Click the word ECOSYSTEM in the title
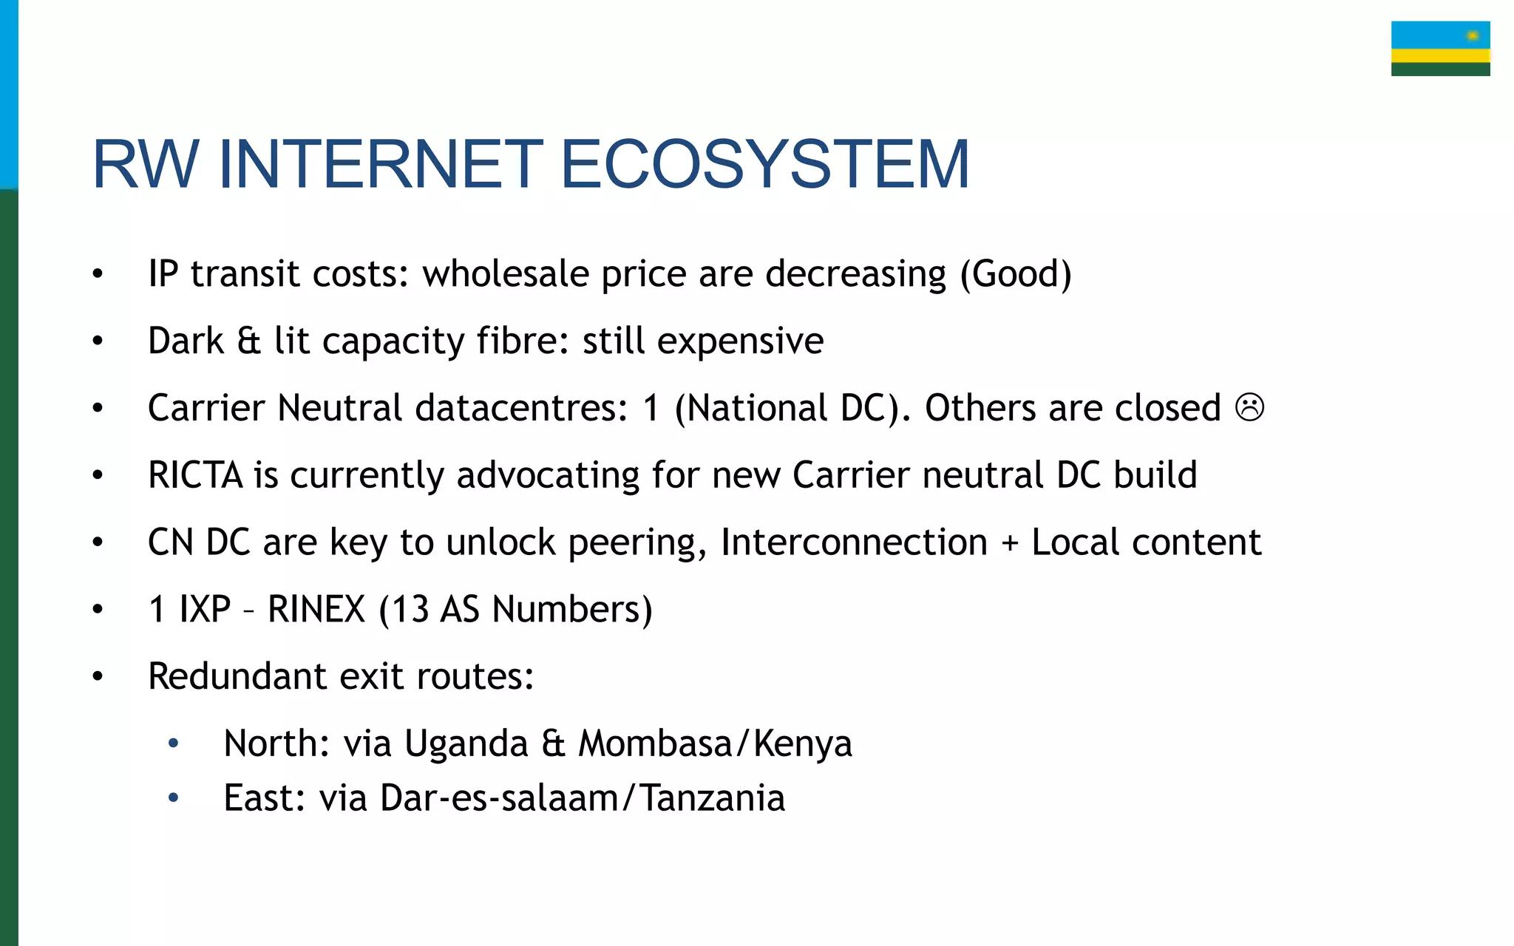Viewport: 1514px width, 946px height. pos(764,164)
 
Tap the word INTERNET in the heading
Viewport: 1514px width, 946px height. pos(381,164)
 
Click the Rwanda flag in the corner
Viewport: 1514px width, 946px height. pos(1440,49)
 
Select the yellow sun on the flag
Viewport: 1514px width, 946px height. pos(1473,35)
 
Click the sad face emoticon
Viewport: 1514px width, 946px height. pos(1249,407)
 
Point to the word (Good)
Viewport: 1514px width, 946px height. pos(1015,274)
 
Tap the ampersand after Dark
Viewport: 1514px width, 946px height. pos(248,341)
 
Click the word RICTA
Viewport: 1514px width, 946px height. pos(195,475)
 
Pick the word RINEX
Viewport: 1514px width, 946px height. pos(316,610)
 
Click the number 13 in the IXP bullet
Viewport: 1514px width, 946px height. pos(410,610)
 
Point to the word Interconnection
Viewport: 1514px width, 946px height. pos(854,542)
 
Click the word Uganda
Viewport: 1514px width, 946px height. pos(466,744)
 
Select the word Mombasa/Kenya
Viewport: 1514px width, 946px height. pos(715,744)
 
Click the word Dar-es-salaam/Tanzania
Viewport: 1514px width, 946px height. pos(582,798)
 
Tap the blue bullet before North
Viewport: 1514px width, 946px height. pos(173,743)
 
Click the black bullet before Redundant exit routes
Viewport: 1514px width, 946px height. pos(98,677)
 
